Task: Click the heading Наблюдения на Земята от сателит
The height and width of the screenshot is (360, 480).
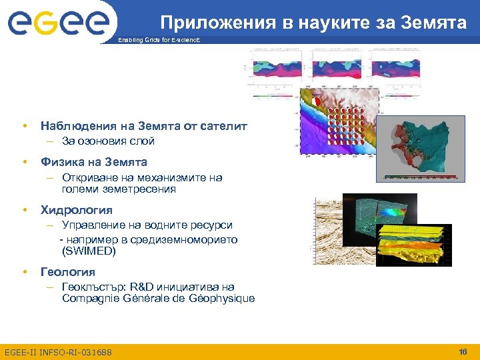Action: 143,125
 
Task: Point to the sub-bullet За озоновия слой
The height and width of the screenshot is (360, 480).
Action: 108,141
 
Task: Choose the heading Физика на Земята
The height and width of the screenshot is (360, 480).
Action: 94,162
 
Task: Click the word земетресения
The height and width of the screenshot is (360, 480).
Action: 119,189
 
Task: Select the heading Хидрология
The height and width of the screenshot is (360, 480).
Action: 77,210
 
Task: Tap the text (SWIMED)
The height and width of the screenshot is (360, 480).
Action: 89,251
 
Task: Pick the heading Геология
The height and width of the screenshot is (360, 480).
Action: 68,272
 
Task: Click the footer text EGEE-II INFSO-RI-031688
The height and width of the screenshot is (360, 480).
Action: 58,352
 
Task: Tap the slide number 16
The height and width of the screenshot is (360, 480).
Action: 463,351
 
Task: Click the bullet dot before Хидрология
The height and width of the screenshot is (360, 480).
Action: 24,210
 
